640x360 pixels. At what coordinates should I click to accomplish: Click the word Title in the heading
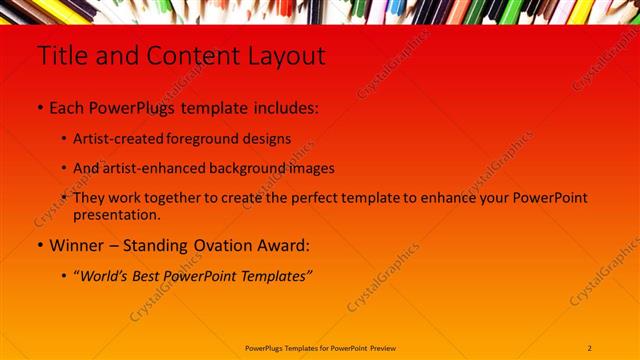pos(61,57)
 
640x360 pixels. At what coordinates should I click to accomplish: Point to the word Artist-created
pos(115,139)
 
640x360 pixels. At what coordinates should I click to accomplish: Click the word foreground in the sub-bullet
pos(200,139)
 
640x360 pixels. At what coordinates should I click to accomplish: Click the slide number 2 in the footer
pos(590,347)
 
